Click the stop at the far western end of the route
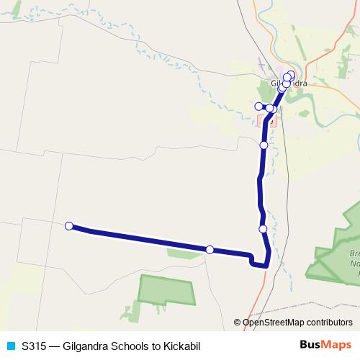click(69, 226)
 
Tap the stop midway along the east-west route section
click(210, 250)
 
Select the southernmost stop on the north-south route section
click(264, 229)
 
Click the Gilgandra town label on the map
click(289, 84)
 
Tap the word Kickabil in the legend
click(179, 346)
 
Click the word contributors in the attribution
click(328, 323)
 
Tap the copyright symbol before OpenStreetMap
click(238, 323)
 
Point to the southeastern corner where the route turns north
click(266, 266)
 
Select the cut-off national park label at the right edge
click(353, 264)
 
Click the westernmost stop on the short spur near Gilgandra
click(259, 107)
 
